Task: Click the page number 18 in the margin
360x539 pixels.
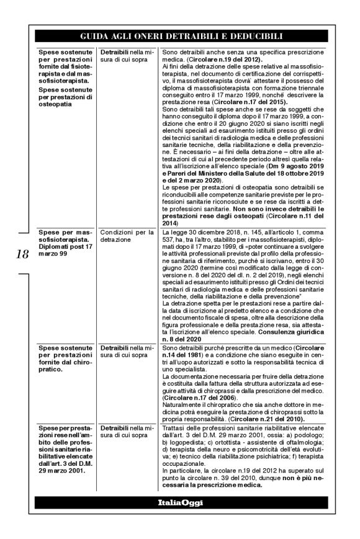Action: pyautogui.click(x=19, y=255)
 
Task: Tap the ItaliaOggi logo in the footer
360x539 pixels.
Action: pyautogui.click(x=181, y=501)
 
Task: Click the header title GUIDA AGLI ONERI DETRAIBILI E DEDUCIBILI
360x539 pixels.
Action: pyautogui.click(x=181, y=36)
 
